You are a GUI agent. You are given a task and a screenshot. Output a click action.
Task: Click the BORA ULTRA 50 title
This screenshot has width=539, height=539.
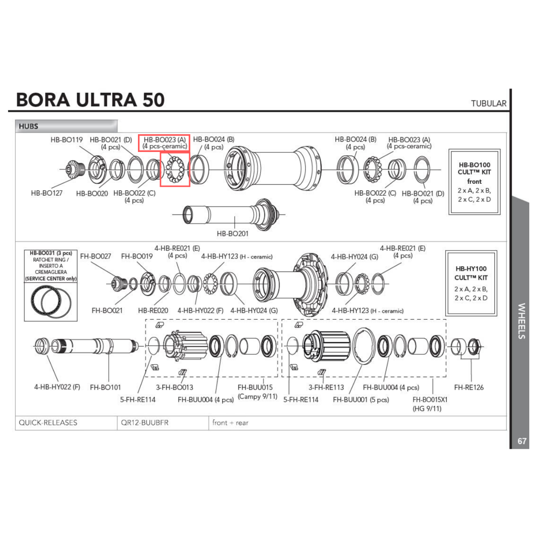pos(90,100)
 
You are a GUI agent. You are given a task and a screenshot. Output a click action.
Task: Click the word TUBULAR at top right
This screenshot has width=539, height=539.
pos(488,103)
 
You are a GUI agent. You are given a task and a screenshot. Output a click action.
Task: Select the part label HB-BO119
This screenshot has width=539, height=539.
pos(67,140)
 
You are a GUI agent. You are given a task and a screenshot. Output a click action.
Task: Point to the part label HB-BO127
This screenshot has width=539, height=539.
pos(46,192)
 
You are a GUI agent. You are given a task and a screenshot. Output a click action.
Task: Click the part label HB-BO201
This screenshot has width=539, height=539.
pos(233,234)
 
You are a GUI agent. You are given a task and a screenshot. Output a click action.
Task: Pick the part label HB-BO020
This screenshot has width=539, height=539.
pos(92,193)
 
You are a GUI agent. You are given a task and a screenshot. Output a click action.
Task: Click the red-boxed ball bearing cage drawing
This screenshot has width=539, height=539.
pos(175,169)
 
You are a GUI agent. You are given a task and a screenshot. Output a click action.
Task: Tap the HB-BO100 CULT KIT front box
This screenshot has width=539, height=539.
pos(474,182)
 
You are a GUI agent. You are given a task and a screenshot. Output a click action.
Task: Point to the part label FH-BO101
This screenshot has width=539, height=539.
pos(106,386)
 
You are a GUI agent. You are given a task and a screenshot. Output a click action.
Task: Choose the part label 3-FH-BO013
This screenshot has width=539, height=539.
pos(175,387)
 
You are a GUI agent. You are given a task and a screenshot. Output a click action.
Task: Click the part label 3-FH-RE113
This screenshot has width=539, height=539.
pos(326,387)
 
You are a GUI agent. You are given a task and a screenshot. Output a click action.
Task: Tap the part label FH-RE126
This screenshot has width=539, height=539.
pos(469,387)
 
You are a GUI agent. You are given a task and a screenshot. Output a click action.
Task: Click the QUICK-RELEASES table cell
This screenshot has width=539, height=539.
pos(48,423)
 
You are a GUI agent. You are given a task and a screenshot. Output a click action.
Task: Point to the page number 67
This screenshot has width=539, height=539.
pos(522,441)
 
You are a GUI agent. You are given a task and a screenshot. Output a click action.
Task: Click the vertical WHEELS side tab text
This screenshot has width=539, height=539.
pos(521,321)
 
